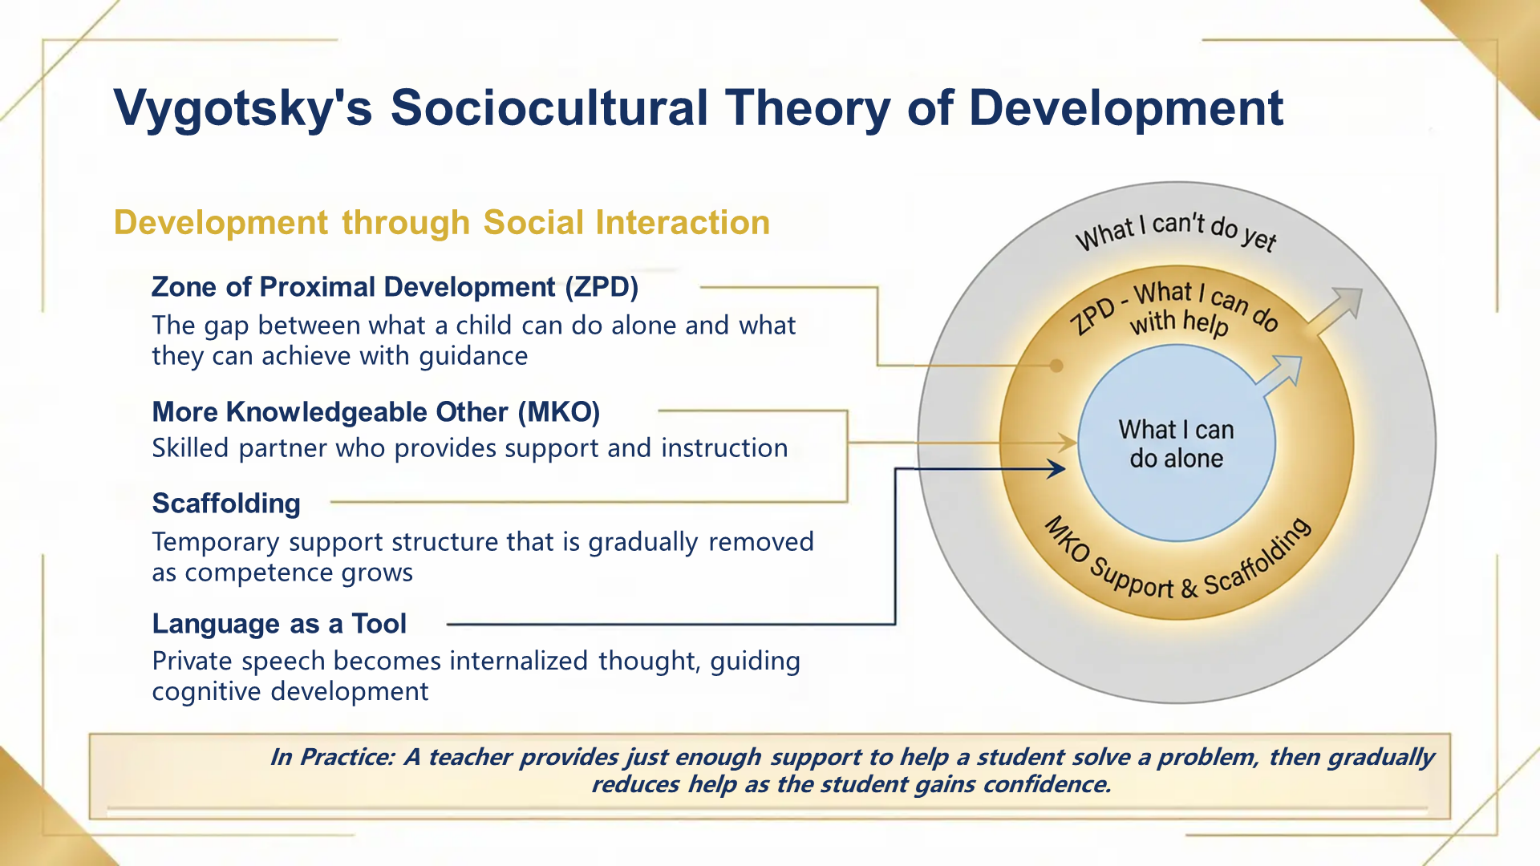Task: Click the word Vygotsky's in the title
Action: (243, 108)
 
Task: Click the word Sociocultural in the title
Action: (549, 108)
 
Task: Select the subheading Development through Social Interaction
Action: (441, 222)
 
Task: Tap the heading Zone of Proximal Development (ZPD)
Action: (395, 287)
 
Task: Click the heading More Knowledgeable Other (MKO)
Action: (375, 412)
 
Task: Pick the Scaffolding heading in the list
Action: (226, 504)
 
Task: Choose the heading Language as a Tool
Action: (279, 624)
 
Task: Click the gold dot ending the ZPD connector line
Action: (1056, 366)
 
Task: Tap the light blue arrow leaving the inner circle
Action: (1283, 375)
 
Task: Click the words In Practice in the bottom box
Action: (332, 757)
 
